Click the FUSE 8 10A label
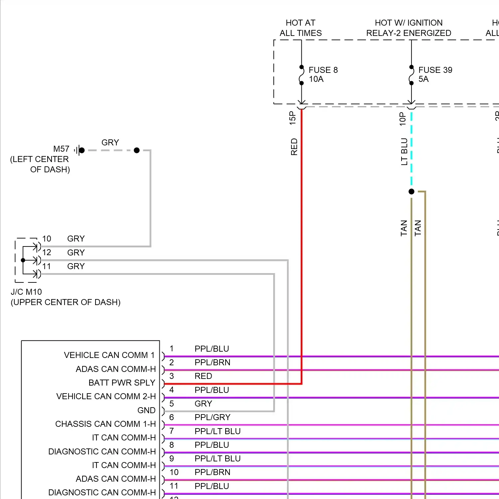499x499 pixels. (323, 75)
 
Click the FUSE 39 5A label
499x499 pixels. (435, 75)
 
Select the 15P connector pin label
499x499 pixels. (292, 118)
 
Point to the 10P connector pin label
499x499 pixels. (403, 119)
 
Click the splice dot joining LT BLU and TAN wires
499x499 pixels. (412, 192)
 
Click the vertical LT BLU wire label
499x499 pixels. (404, 152)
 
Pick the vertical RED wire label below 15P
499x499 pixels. (294, 147)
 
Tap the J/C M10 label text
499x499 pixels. (26, 292)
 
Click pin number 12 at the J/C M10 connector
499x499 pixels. (47, 252)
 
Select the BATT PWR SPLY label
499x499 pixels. (122, 383)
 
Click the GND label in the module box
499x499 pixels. (146, 411)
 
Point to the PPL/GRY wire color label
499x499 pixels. (212, 417)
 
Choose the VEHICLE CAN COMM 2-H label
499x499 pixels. (106, 397)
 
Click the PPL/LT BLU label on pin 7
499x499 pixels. (217, 431)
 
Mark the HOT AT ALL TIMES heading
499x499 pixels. (300, 28)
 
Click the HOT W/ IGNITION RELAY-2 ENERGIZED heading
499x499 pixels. (409, 28)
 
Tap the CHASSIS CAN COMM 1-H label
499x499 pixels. (105, 424)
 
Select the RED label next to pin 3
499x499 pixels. (203, 376)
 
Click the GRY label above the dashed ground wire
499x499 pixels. (110, 143)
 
